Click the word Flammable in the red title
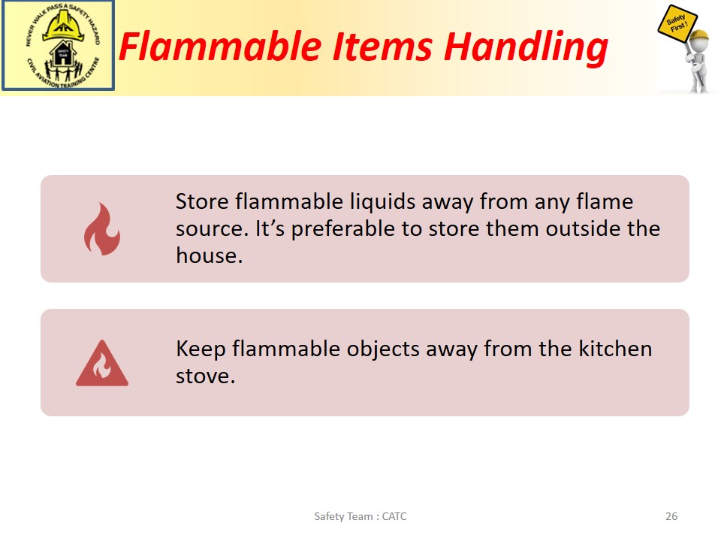tap(220, 47)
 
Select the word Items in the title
tap(382, 47)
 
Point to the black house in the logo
tap(63, 54)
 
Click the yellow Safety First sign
tap(677, 24)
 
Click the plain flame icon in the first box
tap(101, 228)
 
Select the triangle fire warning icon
tap(102, 363)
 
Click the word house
tap(210, 255)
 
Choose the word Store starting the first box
tap(202, 201)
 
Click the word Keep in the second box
tap(201, 349)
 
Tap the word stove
tap(205, 376)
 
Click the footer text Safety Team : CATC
tap(360, 517)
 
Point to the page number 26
tap(671, 516)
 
